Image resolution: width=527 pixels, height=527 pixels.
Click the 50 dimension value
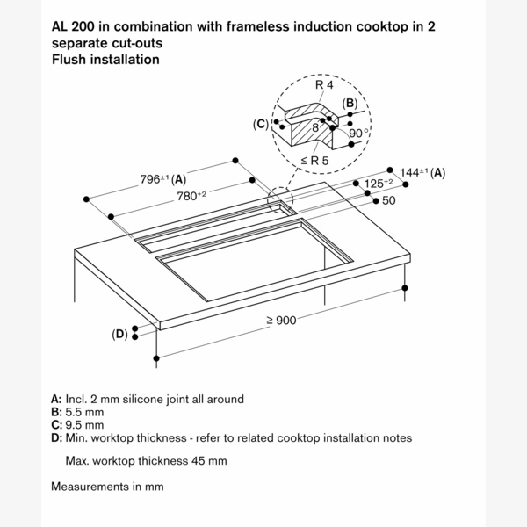click(389, 201)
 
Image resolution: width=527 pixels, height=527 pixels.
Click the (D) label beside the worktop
click(119, 334)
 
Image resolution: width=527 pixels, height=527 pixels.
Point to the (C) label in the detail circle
click(260, 125)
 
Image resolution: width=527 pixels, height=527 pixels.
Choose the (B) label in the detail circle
click(350, 104)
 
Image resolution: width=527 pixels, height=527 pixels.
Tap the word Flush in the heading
click(69, 60)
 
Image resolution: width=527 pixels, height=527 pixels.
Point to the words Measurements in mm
click(107, 486)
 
